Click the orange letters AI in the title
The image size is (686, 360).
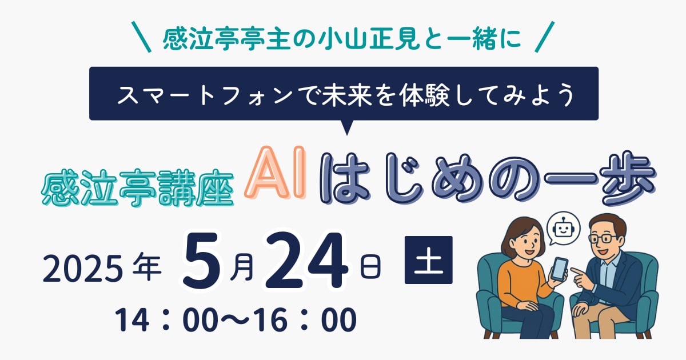[275, 173]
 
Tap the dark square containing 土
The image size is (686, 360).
[428, 260]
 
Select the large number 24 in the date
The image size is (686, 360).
[307, 261]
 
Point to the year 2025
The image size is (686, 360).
[83, 269]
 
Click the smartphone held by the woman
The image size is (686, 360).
[559, 269]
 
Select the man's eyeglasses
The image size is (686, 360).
[603, 238]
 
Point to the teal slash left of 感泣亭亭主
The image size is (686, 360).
[141, 37]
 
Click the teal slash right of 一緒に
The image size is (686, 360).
[544, 37]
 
